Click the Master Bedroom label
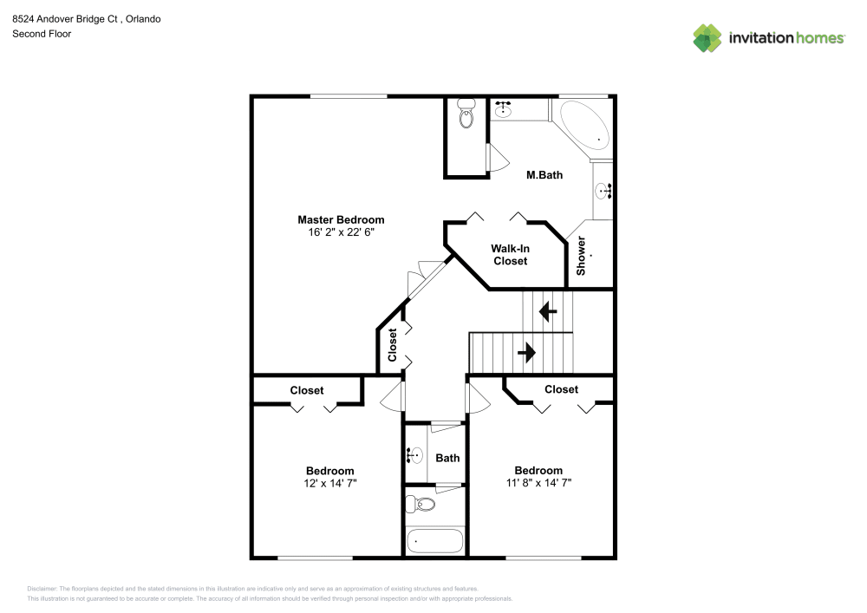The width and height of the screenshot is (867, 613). (341, 219)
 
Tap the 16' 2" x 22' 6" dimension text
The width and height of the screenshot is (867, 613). (341, 232)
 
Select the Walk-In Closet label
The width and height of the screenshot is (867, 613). (510, 254)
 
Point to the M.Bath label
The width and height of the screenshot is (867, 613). (544, 175)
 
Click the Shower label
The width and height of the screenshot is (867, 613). (582, 256)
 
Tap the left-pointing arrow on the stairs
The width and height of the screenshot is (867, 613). (547, 311)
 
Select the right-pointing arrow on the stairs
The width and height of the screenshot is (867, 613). (526, 353)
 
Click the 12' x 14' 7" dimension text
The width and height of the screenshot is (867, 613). (329, 483)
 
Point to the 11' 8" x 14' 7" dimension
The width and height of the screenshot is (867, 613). (538, 483)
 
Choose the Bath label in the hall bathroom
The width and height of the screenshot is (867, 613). (447, 458)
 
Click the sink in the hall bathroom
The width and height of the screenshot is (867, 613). (415, 454)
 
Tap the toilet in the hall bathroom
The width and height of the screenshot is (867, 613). (423, 504)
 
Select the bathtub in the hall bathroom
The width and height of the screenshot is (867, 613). (434, 539)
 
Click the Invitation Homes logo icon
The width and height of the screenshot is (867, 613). (707, 37)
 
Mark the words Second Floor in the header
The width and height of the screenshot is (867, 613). (42, 34)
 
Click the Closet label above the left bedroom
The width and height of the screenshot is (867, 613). (307, 390)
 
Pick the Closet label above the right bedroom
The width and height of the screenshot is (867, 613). (561, 389)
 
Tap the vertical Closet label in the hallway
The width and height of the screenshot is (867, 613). (392, 344)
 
